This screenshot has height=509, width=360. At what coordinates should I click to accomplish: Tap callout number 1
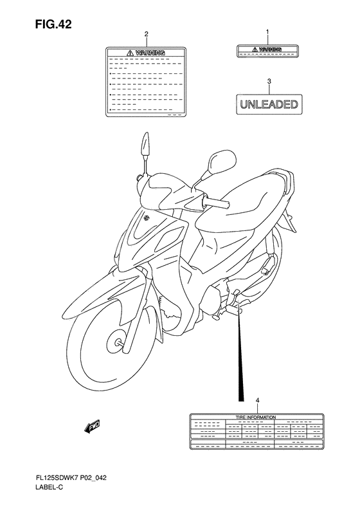pyautogui.click(x=268, y=32)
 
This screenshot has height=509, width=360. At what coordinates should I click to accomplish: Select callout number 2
pyautogui.click(x=146, y=34)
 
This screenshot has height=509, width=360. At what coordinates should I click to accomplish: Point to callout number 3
pyautogui.click(x=269, y=82)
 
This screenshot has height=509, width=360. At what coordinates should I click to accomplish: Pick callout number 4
pyautogui.click(x=258, y=401)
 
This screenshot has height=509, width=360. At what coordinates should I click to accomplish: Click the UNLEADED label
pyautogui.click(x=269, y=104)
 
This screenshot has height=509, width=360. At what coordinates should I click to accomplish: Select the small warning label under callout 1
pyautogui.click(x=268, y=51)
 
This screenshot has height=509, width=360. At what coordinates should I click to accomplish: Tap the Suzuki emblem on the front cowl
pyautogui.click(x=148, y=217)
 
